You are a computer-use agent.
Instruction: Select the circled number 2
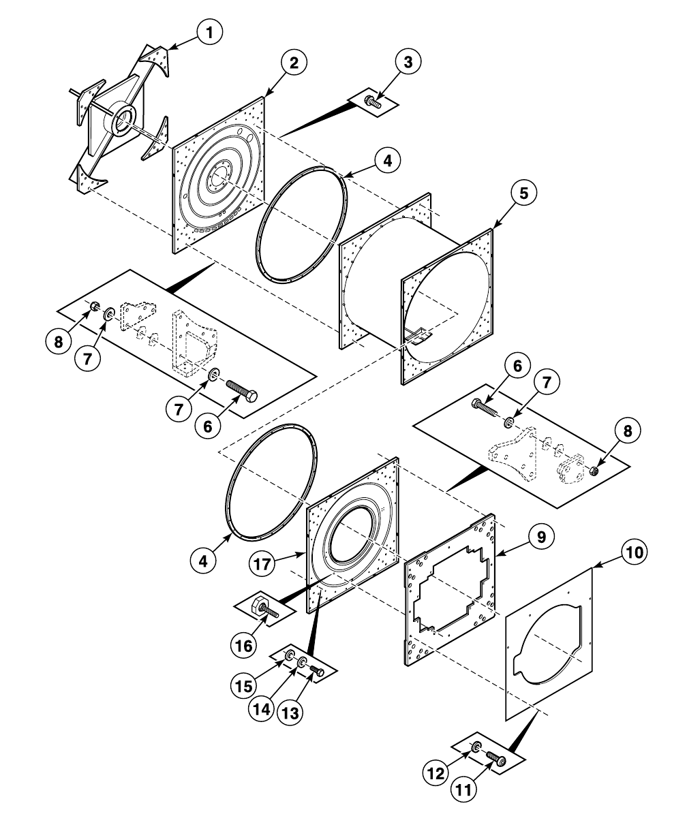coord(294,63)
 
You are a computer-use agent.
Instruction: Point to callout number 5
coord(523,193)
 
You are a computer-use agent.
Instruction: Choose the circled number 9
coord(540,537)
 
